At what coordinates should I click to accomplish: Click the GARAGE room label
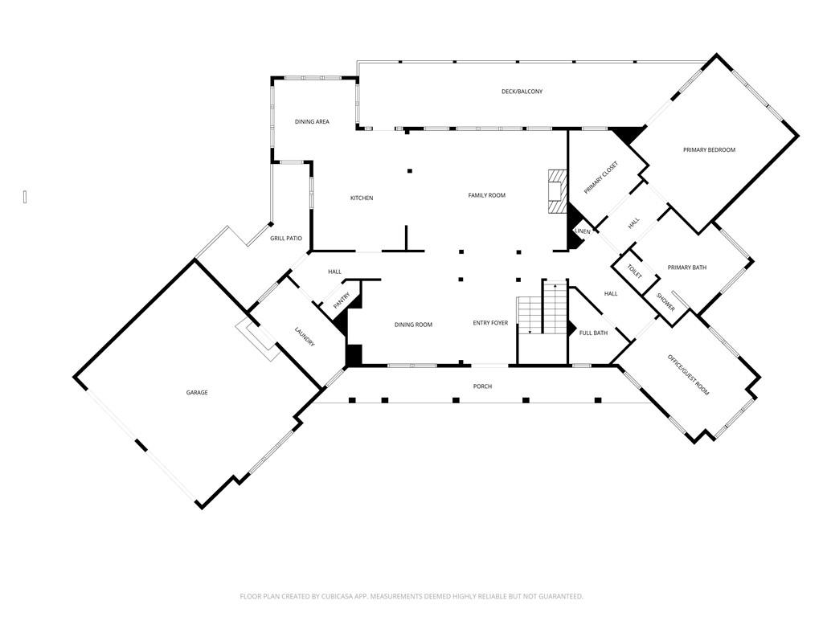point(197,393)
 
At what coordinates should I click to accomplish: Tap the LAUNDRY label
point(304,337)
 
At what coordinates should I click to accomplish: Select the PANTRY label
point(341,299)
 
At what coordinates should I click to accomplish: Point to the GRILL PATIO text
point(285,239)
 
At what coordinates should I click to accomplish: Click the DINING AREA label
point(312,122)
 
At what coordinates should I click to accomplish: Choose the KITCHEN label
point(361,198)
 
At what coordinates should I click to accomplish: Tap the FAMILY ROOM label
point(486,195)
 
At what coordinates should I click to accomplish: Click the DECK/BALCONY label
point(522,92)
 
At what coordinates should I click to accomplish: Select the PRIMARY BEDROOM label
point(709,150)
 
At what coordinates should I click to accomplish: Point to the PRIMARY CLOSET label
point(601,178)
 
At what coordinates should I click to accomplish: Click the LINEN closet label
point(583,232)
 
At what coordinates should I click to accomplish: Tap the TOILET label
point(634,272)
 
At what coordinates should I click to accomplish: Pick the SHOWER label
point(666,303)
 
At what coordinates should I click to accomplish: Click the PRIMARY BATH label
point(687,268)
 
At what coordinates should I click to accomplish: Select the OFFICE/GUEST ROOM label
point(688,375)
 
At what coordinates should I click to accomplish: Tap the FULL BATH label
point(593,333)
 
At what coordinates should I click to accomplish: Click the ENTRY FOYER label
point(490,324)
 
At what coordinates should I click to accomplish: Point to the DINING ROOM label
point(413,325)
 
